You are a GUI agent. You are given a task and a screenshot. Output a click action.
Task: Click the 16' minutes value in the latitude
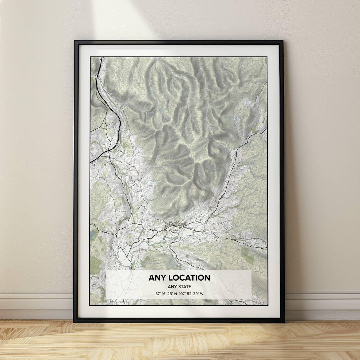pyautogui.click(x=165, y=294)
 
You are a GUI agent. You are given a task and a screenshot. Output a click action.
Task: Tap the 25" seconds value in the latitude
pyautogui.click(x=173, y=294)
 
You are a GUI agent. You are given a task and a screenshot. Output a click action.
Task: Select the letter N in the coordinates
pyautogui.click(x=180, y=294)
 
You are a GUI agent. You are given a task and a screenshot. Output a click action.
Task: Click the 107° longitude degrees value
pyautogui.click(x=187, y=294)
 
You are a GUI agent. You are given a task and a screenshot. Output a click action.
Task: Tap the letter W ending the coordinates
pyautogui.click(x=211, y=294)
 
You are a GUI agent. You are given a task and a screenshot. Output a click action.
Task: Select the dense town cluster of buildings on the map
pyautogui.click(x=173, y=227)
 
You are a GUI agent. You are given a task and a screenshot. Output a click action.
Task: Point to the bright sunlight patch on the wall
pyautogui.click(x=123, y=17)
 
